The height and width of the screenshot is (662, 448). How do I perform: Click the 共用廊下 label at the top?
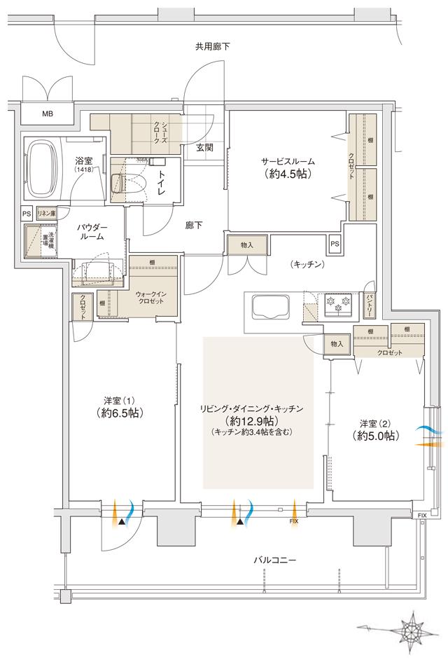click(213, 46)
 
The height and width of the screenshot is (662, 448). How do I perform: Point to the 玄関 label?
click(205, 147)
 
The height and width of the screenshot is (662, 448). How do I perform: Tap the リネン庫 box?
click(47, 213)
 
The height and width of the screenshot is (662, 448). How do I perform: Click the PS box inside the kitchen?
click(335, 244)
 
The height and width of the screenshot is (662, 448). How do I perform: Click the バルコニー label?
click(275, 560)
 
